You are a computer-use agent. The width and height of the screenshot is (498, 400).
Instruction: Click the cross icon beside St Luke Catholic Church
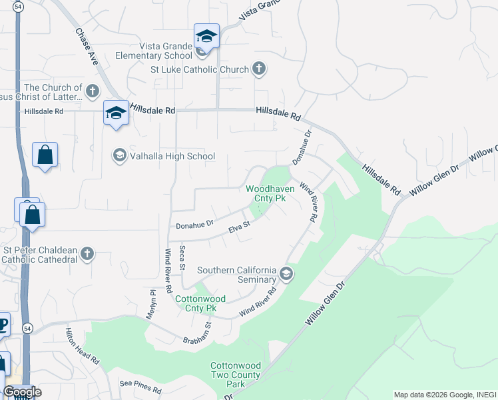pyautogui.click(x=260, y=69)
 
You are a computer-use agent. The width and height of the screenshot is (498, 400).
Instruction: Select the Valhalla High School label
pyautogui.click(x=172, y=156)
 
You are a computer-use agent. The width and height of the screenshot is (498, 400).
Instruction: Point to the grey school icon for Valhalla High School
pyautogui.click(x=120, y=156)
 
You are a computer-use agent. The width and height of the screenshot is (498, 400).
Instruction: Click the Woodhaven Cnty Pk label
pyautogui.click(x=270, y=193)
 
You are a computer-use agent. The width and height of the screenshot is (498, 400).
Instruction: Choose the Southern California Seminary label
pyautogui.click(x=236, y=274)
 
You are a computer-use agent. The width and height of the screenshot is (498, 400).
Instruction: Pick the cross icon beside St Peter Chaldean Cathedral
pyautogui.click(x=87, y=253)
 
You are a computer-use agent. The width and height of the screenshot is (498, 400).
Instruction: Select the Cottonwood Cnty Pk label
pyautogui.click(x=200, y=303)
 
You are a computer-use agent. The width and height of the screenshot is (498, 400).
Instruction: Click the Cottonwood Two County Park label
pyautogui.click(x=236, y=375)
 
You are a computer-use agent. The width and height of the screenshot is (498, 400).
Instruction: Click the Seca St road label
pyautogui.click(x=182, y=257)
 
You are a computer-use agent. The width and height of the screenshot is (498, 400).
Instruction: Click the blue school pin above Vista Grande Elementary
pyautogui.click(x=206, y=37)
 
